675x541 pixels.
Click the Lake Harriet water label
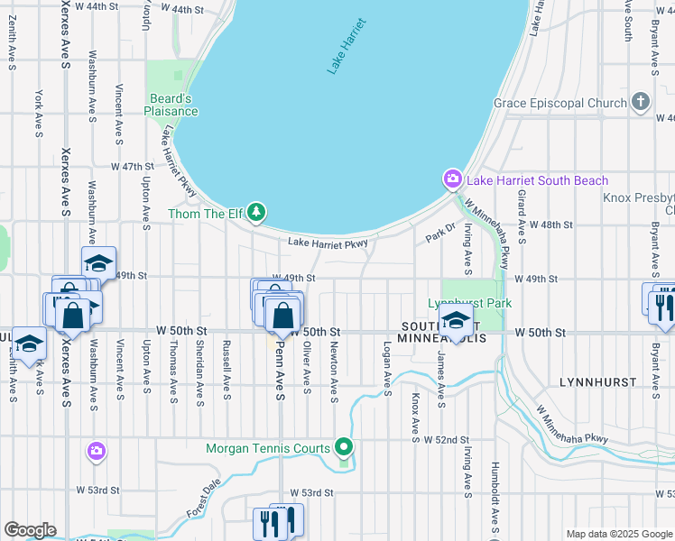(347, 45)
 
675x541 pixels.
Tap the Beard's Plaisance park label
(171, 105)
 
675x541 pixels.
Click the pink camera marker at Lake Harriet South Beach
(452, 180)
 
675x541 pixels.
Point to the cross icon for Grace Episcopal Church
(641, 103)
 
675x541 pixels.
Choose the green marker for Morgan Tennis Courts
(343, 447)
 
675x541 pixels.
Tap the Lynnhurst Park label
(469, 303)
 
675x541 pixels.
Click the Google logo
(30, 530)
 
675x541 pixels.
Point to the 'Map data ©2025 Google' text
(619, 534)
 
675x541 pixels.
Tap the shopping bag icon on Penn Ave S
(283, 316)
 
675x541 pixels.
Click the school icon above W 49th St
(98, 263)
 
